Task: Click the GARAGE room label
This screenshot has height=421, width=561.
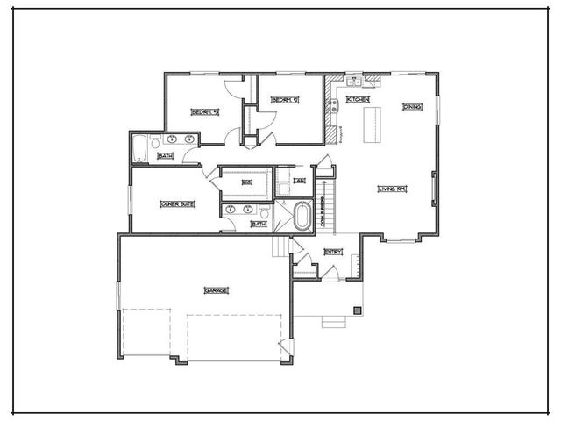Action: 216,290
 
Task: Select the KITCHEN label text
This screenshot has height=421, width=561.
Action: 358,100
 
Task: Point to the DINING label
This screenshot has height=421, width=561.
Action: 412,107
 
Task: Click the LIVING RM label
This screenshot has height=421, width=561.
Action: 392,189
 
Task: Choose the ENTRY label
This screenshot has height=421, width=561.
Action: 333,252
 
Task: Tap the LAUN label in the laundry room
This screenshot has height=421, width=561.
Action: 299,181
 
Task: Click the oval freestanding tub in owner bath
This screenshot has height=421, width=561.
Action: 302,216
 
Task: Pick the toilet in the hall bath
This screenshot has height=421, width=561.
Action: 156,140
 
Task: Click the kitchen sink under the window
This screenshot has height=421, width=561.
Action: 355,82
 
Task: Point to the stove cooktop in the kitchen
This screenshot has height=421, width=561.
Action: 333,108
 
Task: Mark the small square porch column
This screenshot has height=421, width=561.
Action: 357,310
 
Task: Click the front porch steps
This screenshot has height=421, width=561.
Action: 334,322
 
